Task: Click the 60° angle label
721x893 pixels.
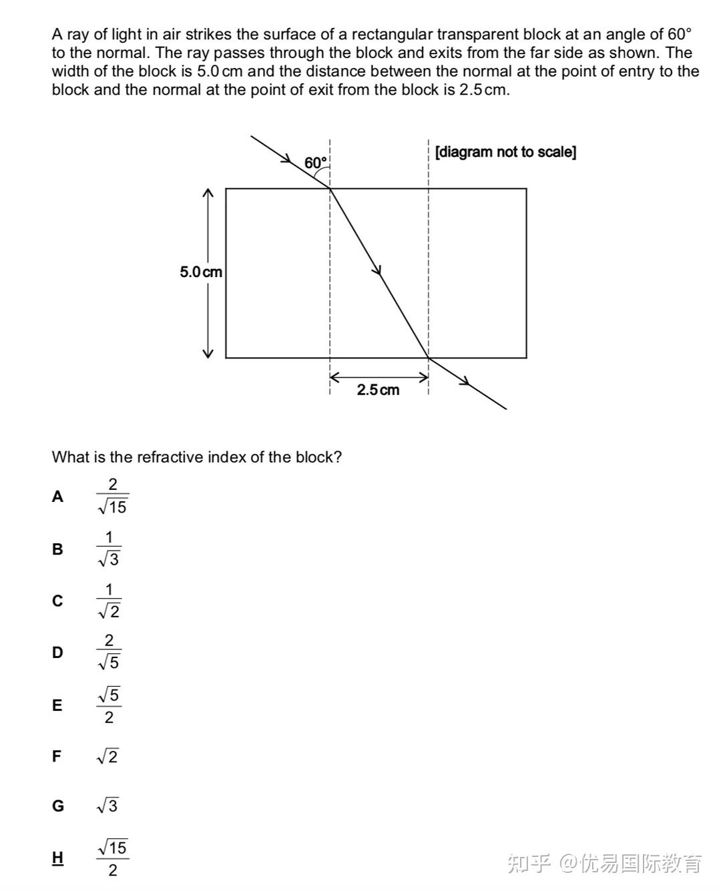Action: click(316, 163)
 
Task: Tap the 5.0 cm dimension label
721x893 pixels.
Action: click(201, 272)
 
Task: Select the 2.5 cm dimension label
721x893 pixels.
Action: click(378, 390)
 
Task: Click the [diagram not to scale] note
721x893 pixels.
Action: click(505, 152)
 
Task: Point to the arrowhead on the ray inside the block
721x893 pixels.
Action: click(378, 270)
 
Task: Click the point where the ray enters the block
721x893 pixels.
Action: click(330, 189)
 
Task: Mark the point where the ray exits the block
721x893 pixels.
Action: click(429, 358)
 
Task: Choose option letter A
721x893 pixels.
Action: click(58, 497)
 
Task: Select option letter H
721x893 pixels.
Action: click(58, 858)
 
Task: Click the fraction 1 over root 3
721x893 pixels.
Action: click(109, 549)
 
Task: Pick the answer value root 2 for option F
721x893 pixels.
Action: click(107, 757)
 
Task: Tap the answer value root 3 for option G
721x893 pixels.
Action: click(107, 806)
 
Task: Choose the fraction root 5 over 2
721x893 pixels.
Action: click(109, 705)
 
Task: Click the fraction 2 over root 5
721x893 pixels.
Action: click(109, 651)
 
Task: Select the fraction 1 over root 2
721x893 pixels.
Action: click(109, 601)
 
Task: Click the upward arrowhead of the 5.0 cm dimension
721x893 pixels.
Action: click(208, 193)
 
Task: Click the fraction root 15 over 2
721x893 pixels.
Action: click(112, 858)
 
